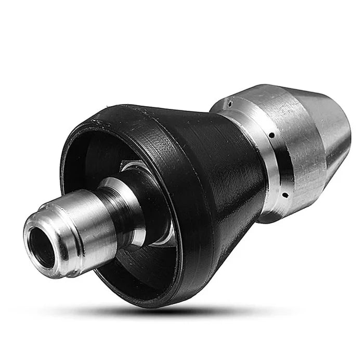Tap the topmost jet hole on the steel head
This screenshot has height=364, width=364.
(x=229, y=104)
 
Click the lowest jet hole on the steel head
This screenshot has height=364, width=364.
(x=284, y=196)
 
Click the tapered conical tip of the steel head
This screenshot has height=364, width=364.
(x=338, y=125)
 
